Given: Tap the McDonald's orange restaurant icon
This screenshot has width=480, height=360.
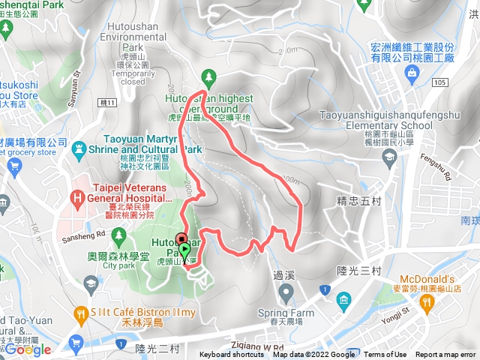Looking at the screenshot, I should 427,301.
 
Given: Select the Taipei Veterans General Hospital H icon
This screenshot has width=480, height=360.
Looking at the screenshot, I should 76,199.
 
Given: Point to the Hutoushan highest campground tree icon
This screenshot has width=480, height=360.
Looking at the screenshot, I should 208,76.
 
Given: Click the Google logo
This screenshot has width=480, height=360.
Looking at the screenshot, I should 28,349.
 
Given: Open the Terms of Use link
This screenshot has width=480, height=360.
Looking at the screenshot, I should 385,355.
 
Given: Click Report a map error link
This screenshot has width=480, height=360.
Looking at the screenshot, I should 445,355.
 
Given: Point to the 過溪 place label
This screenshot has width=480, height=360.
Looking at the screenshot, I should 285,274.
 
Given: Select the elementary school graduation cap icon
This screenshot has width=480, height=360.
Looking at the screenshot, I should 389,156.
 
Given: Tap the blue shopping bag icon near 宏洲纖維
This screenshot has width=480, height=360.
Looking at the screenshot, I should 411,73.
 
